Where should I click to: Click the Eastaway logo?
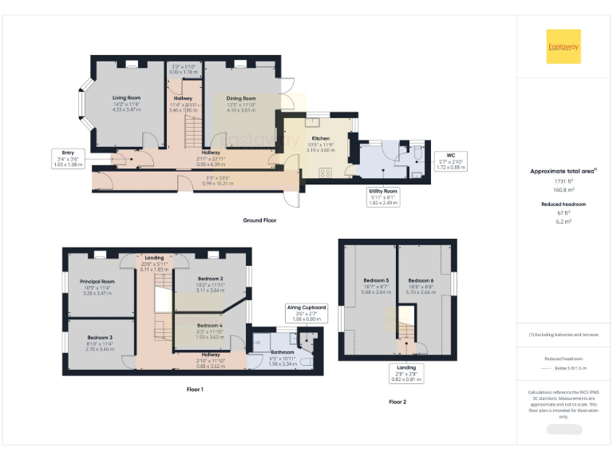click(x=564, y=46)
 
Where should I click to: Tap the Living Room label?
click(x=126, y=97)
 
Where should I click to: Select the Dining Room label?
click(x=241, y=97)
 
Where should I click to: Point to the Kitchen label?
click(x=320, y=138)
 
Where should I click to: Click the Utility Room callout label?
click(x=383, y=192)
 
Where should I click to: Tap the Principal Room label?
click(x=97, y=281)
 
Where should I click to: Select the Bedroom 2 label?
click(x=211, y=279)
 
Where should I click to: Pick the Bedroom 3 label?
click(x=100, y=338)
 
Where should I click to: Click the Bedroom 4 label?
click(x=210, y=326)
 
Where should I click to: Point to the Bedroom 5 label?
click(x=375, y=281)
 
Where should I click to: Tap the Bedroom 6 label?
click(x=421, y=281)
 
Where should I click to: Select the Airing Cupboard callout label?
click(x=307, y=307)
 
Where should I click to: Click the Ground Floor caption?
click(x=260, y=220)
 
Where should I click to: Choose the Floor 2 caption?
click(x=397, y=402)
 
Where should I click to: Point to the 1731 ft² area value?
click(x=564, y=182)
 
